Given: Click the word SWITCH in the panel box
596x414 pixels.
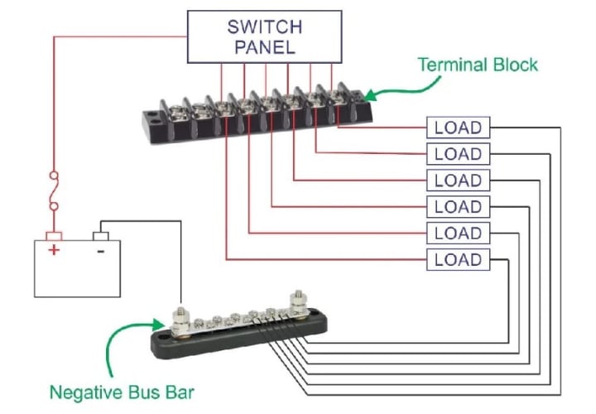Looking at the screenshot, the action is pos(265,27).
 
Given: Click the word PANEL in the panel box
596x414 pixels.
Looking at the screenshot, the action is pos(265,47).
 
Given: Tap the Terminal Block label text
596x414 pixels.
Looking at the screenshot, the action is pos(478,65).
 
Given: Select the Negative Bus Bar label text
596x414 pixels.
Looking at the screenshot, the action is pos(122,392).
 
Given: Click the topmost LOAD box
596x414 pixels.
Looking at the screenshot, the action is pos(458,128).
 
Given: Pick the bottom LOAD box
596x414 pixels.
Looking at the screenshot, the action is pos(458,260).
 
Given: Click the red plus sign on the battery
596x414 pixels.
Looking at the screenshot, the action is pos(54,250).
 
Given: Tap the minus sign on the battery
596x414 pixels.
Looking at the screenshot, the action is pos(101,251).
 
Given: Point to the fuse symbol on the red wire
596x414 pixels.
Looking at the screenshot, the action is pos(55,190).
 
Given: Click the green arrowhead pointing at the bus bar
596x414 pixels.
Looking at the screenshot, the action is pos(158,325).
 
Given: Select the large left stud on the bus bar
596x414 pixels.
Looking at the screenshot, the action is pos(180,322).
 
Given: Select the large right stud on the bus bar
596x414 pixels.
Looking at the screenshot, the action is pos(299,304).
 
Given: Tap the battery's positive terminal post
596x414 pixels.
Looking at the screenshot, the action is pos(54,236).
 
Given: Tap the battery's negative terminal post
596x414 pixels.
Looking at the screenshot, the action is pos(101,236).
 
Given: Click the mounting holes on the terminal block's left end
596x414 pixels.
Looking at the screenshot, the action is pos(154,118).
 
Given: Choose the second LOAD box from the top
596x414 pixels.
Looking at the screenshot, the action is pos(458,154).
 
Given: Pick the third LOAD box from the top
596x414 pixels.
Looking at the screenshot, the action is pos(458,181).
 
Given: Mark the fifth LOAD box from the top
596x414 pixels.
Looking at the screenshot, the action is pos(458,233).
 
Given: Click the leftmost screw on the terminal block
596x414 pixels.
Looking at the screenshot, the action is pos(178,112).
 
